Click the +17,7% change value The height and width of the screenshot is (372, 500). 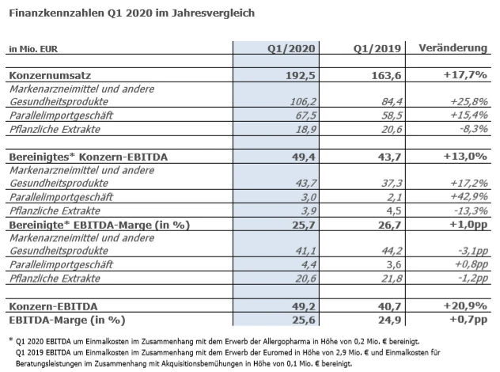464,75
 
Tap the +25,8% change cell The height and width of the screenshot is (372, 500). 465,101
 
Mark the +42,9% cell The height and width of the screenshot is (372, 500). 465,198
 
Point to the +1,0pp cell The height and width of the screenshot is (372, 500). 466,225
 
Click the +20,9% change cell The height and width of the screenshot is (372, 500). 464,306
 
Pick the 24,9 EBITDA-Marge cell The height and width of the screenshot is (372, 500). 387,320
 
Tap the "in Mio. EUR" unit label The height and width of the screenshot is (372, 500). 32,49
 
